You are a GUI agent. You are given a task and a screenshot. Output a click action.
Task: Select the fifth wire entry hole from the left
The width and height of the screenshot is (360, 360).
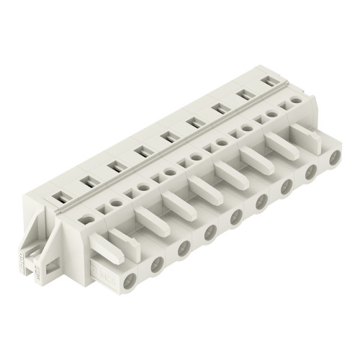[235, 216]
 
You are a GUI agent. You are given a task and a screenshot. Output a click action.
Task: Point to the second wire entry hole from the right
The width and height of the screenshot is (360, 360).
[311, 171]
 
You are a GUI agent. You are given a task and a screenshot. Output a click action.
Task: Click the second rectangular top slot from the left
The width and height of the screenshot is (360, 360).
[114, 166]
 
